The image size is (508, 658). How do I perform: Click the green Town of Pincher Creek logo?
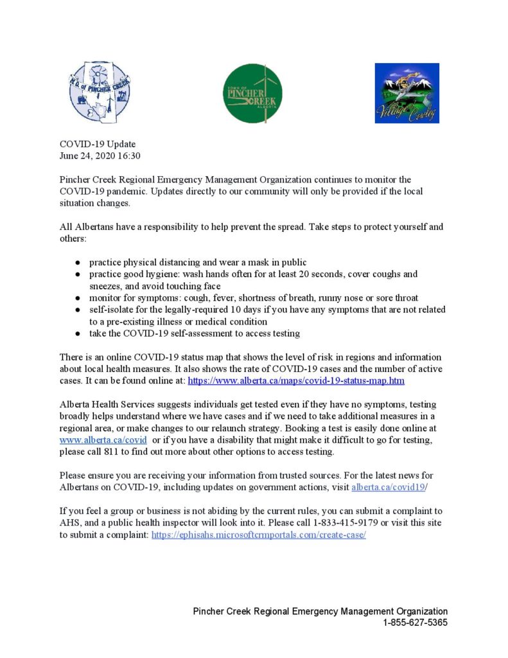(252, 93)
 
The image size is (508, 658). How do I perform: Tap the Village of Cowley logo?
(407, 93)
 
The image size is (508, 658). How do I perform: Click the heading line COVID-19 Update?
(98, 145)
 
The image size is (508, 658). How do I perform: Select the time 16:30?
(128, 156)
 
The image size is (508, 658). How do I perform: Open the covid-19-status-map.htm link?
(295, 381)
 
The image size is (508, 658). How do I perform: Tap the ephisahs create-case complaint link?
(258, 535)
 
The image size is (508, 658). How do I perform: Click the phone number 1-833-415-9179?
(341, 523)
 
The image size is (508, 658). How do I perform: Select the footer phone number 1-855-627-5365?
(415, 623)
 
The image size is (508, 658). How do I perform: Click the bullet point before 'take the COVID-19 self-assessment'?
(77, 334)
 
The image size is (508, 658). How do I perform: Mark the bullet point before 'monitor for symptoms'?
(77, 298)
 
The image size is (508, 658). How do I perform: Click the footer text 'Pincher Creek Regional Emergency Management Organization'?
(320, 612)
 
